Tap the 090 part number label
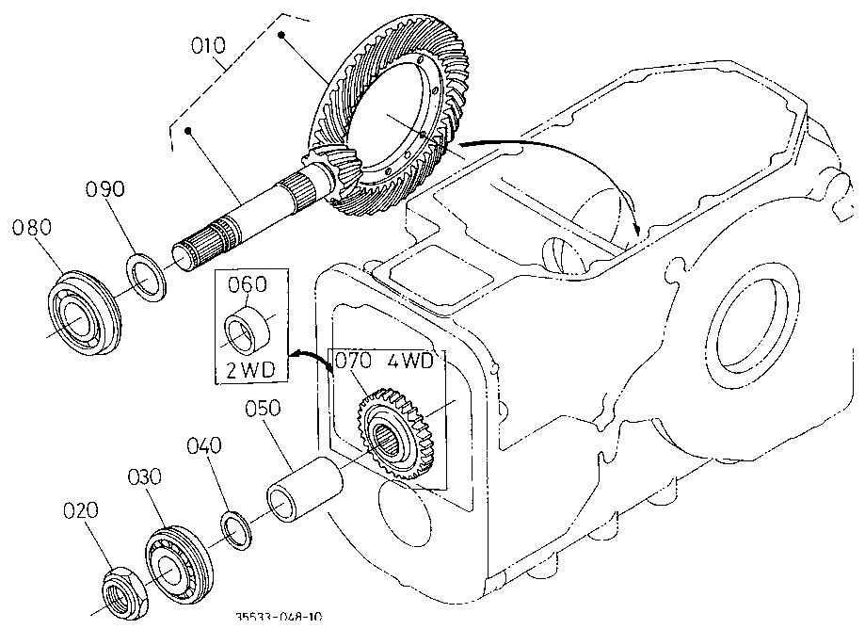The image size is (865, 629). click(105, 189)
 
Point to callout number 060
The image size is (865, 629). click(248, 284)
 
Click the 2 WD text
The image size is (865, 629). click(250, 369)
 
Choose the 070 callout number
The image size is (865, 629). click(356, 361)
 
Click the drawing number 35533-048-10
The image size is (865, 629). click(279, 617)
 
